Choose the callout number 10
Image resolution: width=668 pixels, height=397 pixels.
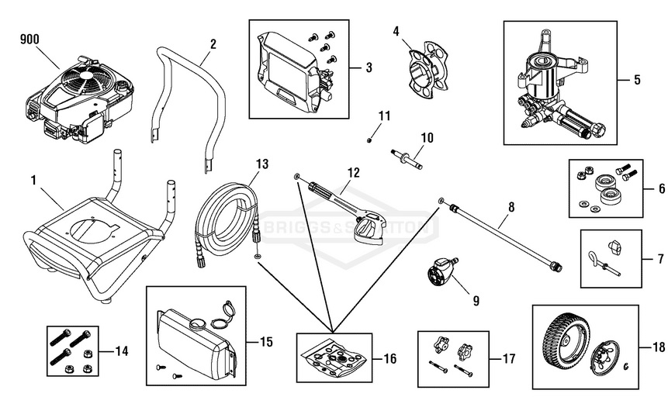coord(427,138)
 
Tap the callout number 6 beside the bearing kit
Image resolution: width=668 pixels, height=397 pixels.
coord(660,187)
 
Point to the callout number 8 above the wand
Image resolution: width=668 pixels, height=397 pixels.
coord(511,209)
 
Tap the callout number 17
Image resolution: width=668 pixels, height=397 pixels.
coord(507,359)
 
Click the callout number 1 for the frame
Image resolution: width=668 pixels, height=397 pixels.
coord(33,180)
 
